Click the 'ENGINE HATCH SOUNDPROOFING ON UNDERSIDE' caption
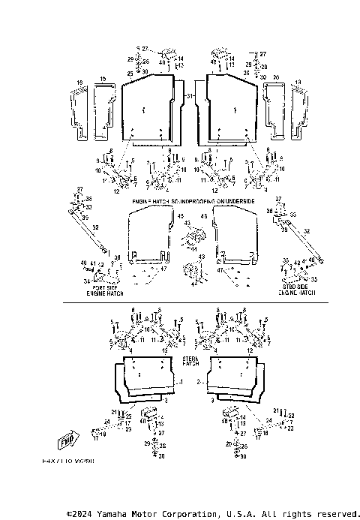(193, 203)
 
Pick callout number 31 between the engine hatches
(190, 97)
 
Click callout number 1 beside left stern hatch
(181, 381)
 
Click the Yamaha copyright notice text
(213, 514)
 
